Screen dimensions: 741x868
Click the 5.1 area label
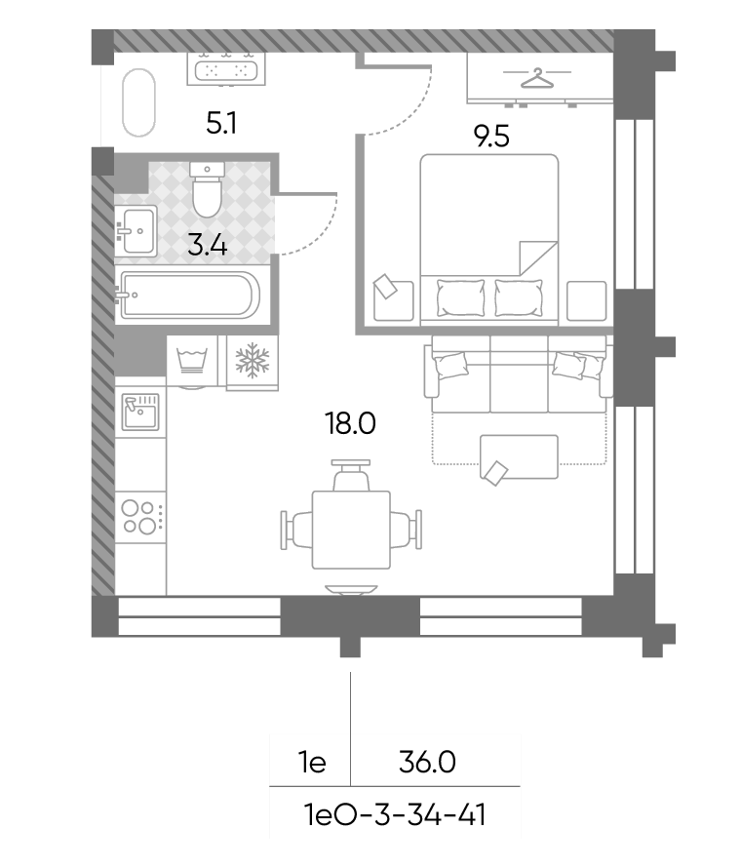(221, 123)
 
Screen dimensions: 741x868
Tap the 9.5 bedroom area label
(491, 137)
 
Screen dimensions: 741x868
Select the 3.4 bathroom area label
(207, 245)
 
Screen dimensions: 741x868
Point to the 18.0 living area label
(351, 423)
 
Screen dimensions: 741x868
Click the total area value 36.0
(427, 763)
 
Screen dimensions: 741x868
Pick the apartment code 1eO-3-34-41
(395, 815)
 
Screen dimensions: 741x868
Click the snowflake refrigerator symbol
(253, 361)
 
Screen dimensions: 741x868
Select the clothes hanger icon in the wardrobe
(537, 78)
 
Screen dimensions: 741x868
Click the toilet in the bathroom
(207, 189)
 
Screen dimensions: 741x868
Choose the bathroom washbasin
(136, 231)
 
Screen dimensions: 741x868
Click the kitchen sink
(140, 412)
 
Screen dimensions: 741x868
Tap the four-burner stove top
(140, 517)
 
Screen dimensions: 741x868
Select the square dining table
(351, 530)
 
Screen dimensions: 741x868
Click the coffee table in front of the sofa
(519, 456)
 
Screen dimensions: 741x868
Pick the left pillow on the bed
(460, 297)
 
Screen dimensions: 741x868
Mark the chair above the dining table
(351, 475)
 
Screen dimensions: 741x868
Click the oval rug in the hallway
(138, 102)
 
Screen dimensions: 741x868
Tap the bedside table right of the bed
(587, 300)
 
